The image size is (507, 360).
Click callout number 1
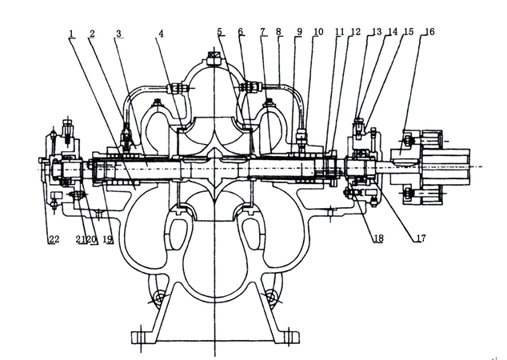(x=72, y=34)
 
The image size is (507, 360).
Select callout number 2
(x=93, y=34)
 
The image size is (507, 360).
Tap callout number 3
(x=118, y=34)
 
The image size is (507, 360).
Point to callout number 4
(x=161, y=34)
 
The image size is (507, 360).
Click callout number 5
(x=219, y=32)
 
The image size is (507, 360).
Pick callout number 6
(x=240, y=32)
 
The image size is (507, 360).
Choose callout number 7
(x=262, y=32)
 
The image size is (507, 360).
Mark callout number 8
(x=278, y=32)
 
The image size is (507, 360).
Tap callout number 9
(x=298, y=32)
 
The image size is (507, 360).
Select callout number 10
(x=318, y=32)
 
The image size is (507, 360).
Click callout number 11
(x=339, y=32)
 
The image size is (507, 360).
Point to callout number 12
(x=355, y=32)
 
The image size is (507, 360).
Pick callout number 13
(x=377, y=32)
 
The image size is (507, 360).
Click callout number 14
(x=392, y=32)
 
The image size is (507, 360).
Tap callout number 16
(x=429, y=32)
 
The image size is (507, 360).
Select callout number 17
(x=419, y=238)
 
